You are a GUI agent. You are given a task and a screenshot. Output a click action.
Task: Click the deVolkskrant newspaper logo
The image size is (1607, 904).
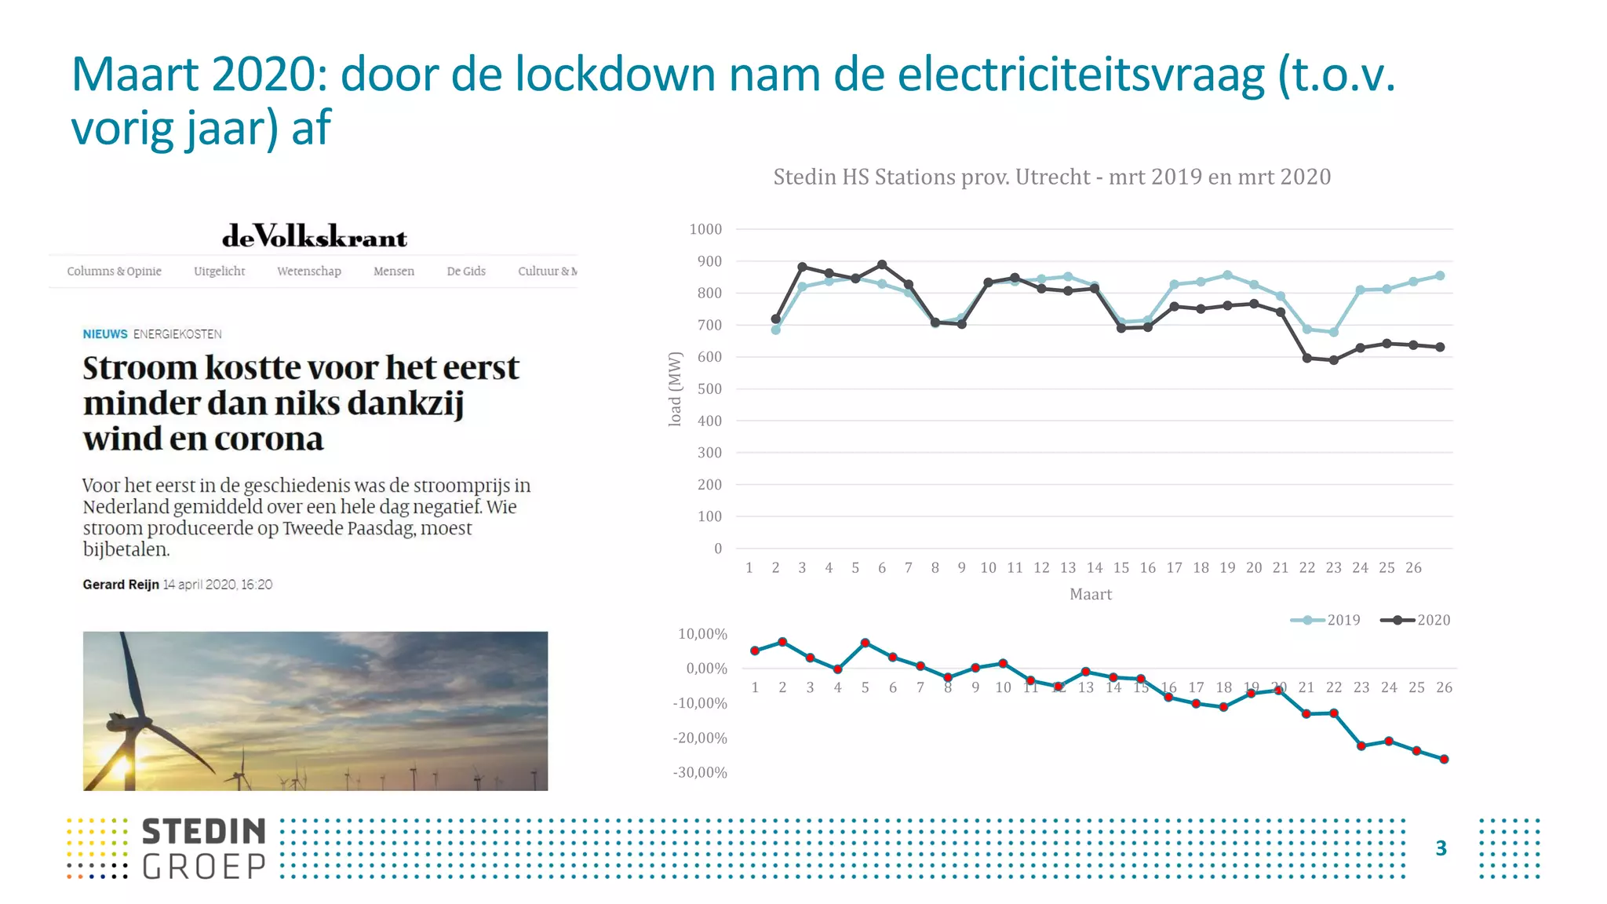pyautogui.click(x=315, y=236)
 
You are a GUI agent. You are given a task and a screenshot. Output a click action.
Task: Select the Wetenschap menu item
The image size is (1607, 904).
pyautogui.click(x=308, y=272)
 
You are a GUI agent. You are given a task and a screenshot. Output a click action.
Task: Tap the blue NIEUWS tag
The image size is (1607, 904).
pyautogui.click(x=105, y=334)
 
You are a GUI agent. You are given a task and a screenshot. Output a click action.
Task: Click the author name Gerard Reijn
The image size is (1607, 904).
pyautogui.click(x=121, y=585)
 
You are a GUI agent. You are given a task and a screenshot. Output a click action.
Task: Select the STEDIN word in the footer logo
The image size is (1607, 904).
pyautogui.click(x=204, y=832)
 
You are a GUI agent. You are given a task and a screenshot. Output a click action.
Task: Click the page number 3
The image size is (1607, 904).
pyautogui.click(x=1441, y=848)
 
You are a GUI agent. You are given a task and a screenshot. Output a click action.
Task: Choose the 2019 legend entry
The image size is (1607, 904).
pyautogui.click(x=1327, y=620)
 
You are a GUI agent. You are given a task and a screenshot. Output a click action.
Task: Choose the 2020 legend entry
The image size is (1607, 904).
pyautogui.click(x=1416, y=620)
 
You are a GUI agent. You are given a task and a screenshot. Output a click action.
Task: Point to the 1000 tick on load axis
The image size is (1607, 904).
pyautogui.click(x=705, y=229)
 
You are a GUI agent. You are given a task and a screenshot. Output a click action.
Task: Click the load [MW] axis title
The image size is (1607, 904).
pyautogui.click(x=675, y=389)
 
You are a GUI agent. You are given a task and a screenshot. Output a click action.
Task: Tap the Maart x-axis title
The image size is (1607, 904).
pyautogui.click(x=1090, y=595)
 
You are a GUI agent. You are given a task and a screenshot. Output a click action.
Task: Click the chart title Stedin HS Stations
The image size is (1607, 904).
pyautogui.click(x=1051, y=177)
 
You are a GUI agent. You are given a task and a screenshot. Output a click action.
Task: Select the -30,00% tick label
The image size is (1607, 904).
pyautogui.click(x=700, y=773)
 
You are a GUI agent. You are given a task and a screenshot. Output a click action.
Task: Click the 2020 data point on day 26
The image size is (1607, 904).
pyautogui.click(x=1440, y=347)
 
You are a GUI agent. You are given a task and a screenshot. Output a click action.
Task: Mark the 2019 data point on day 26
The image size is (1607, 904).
pyautogui.click(x=1440, y=275)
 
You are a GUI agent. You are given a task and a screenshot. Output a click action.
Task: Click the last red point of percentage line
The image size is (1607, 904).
pyautogui.click(x=1444, y=759)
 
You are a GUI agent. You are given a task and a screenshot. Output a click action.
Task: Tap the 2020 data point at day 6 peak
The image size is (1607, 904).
pyautogui.click(x=882, y=264)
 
